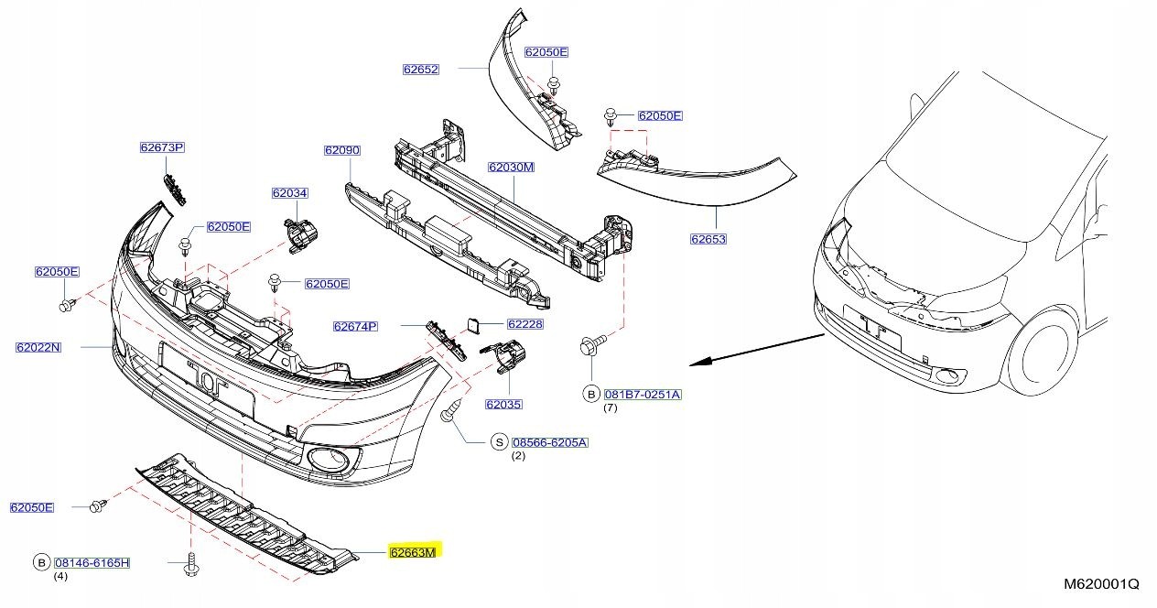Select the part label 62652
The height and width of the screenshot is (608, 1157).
click(421, 69)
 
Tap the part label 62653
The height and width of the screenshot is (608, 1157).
click(708, 239)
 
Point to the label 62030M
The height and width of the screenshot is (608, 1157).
click(511, 168)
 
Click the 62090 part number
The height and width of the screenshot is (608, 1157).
click(341, 149)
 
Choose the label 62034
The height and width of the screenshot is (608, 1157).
click(289, 193)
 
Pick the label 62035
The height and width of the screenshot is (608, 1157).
click(503, 404)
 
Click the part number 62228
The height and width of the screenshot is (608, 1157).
click(524, 324)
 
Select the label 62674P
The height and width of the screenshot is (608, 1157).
click(356, 326)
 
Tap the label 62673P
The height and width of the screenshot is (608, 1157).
click(162, 147)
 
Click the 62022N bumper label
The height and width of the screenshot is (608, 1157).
click(38, 347)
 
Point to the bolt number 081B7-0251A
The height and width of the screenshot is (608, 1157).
click(643, 394)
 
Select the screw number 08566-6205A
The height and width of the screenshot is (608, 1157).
click(550, 442)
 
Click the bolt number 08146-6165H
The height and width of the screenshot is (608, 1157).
click(92, 562)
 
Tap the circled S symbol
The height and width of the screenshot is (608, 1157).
click(500, 442)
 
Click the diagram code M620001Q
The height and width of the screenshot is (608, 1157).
click(1101, 583)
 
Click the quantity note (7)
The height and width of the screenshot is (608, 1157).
click(611, 407)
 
